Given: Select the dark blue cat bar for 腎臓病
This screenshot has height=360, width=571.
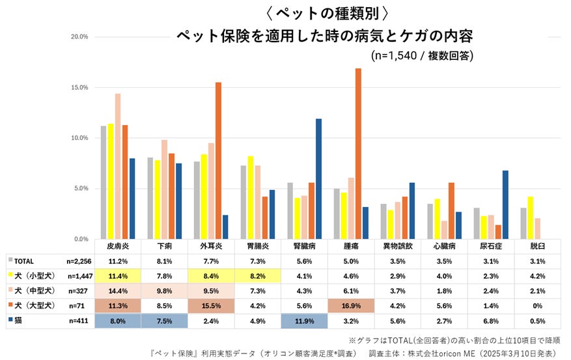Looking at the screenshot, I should pos(318,179).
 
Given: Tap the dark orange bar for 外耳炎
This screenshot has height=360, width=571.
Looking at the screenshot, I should pos(218,161).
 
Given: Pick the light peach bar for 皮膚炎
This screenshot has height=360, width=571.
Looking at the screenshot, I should pos(118,166).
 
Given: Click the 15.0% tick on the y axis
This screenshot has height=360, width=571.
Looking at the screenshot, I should pos(79,87).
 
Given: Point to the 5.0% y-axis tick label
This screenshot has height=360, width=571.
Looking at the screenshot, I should pos(81,189).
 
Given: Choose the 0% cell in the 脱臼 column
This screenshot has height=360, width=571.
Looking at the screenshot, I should pos(538,305).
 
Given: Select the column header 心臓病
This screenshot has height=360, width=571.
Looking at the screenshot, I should pos(445,247).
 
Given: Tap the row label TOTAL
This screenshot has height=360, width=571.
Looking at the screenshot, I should pos(24,260).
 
